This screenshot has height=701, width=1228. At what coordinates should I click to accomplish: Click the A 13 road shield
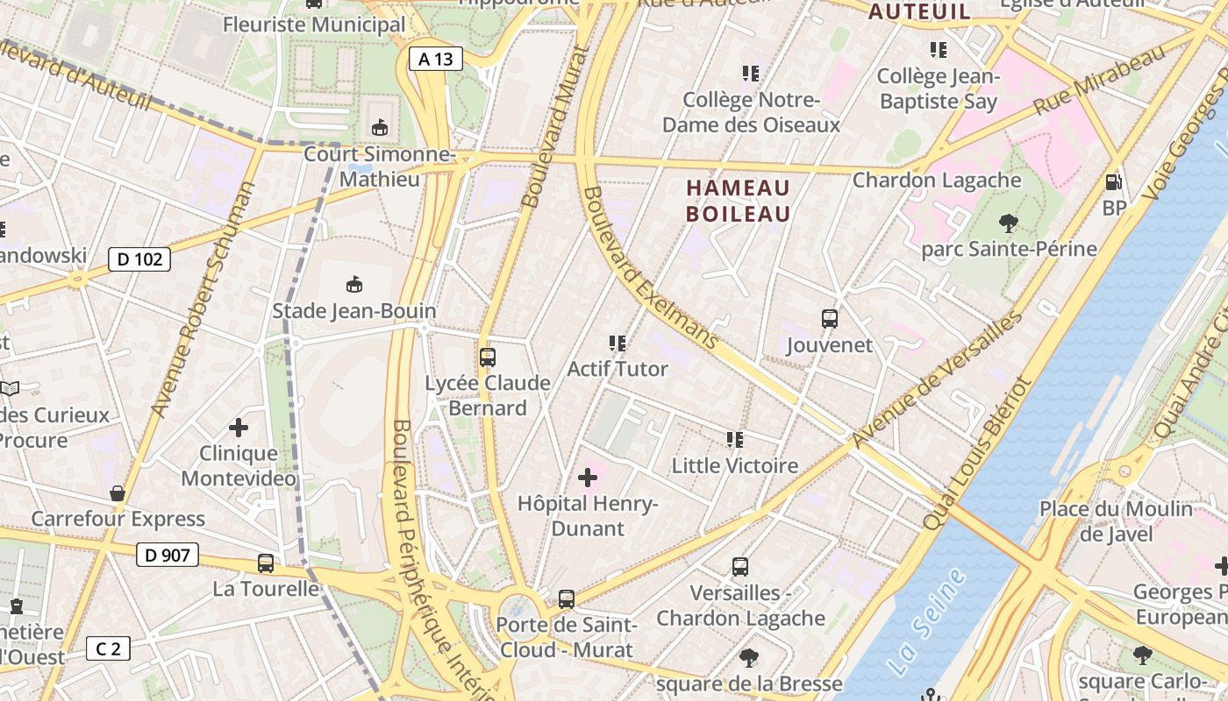tap(436, 59)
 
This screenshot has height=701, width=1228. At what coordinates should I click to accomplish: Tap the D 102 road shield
tap(139, 258)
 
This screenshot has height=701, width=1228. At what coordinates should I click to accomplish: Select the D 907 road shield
tap(167, 554)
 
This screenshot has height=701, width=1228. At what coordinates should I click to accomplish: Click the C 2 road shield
tap(108, 648)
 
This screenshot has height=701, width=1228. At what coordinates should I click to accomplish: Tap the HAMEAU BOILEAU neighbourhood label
tap(738, 201)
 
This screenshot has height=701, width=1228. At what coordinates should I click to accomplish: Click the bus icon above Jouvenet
tap(829, 319)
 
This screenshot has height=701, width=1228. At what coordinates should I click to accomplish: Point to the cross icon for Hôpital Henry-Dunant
tap(588, 478)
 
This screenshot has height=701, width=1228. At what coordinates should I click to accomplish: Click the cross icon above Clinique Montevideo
tap(238, 428)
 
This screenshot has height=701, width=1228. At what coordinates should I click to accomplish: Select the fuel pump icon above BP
tap(1113, 182)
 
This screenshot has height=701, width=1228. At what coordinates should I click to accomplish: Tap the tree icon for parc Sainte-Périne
tap(1009, 223)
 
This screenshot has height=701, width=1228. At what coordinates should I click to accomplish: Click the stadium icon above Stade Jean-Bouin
tap(354, 284)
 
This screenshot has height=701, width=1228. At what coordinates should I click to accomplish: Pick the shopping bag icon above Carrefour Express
tap(118, 493)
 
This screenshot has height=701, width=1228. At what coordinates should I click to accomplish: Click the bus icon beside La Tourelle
tap(266, 563)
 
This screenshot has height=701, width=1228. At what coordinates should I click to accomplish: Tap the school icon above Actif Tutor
tap(617, 343)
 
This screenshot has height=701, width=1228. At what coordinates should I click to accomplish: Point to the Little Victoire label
tap(735, 465)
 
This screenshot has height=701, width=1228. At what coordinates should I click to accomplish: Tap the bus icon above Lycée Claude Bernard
tap(488, 358)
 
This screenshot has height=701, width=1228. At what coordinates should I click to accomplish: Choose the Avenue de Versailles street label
tap(937, 378)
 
